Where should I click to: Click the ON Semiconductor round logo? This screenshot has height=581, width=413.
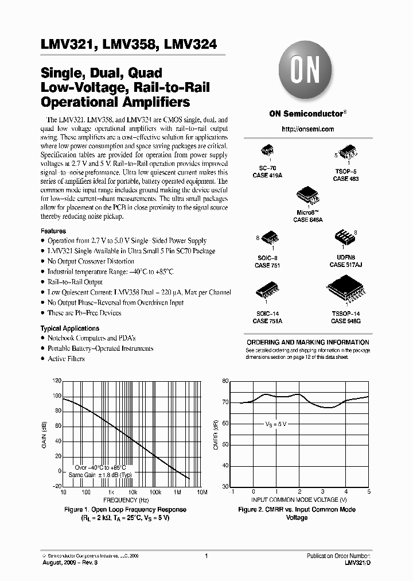(x=307, y=72)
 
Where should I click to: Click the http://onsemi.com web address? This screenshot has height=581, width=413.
(x=307, y=129)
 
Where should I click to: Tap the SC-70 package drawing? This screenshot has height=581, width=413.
(x=268, y=150)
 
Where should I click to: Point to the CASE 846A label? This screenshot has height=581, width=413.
(x=308, y=219)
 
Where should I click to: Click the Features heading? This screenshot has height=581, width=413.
(x=53, y=231)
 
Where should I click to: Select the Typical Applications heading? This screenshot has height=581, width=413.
(x=67, y=328)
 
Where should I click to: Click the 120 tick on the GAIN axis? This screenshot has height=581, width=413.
(x=56, y=381)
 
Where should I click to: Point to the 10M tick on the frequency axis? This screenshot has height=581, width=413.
(x=201, y=493)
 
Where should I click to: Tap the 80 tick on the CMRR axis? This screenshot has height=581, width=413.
(x=224, y=381)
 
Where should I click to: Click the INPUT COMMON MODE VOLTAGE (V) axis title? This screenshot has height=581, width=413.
(x=299, y=500)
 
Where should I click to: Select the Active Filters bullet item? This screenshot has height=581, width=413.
(x=66, y=359)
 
